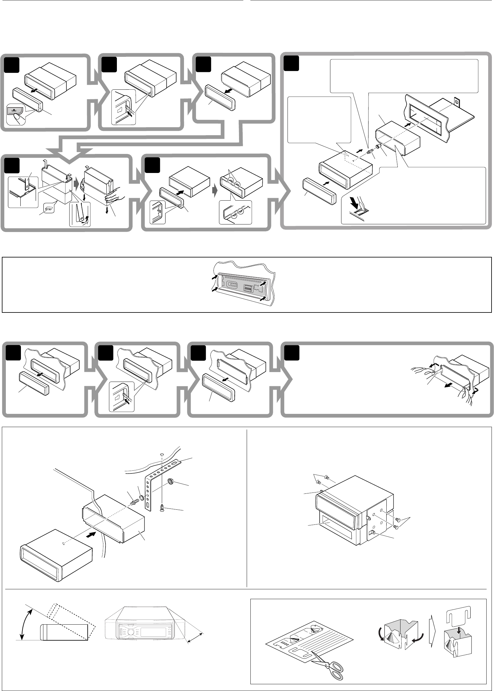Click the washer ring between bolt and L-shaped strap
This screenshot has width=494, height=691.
tap(142, 497)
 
